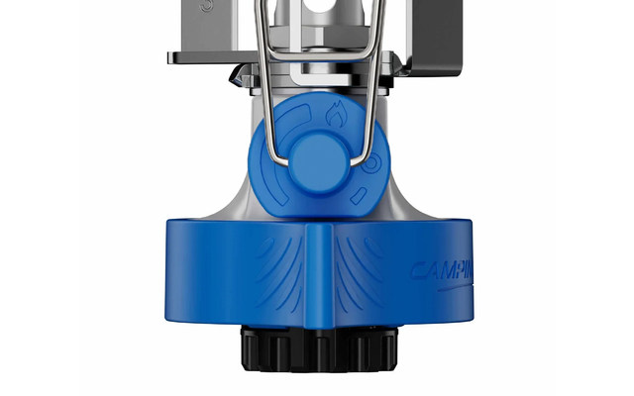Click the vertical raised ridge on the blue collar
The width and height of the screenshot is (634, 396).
point(317,277)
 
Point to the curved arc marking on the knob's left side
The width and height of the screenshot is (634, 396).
point(273,148)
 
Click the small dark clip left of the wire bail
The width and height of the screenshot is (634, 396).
point(239,77)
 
